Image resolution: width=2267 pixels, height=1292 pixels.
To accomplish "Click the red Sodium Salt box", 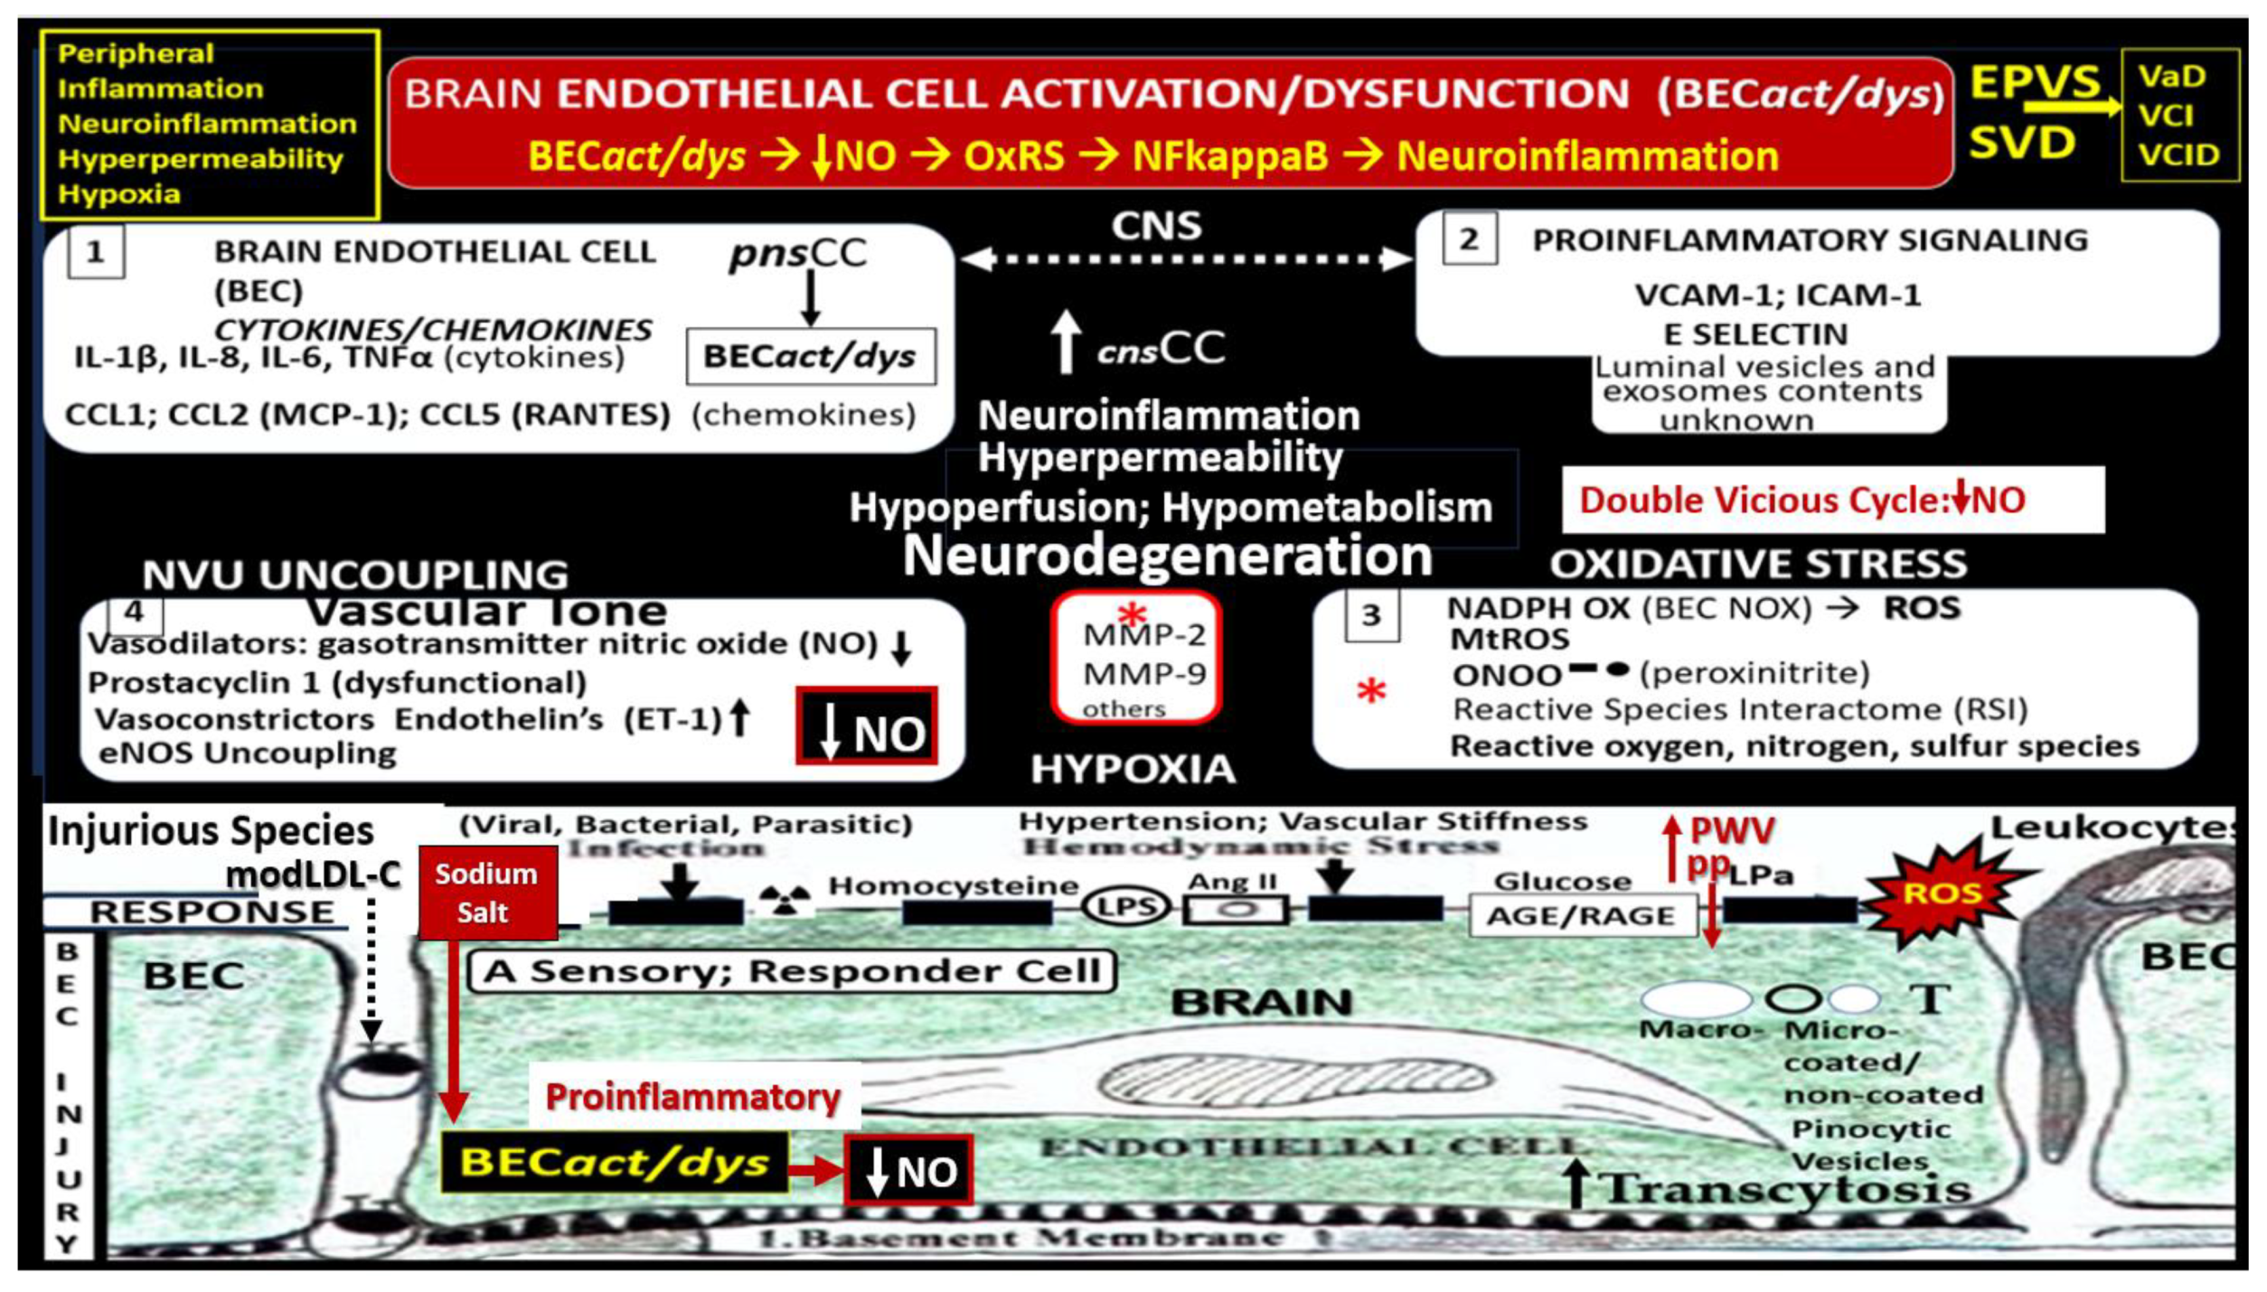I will [487, 893].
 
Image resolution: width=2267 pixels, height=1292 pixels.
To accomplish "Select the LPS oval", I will [1126, 906].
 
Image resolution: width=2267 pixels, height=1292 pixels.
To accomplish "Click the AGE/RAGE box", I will [1581, 915].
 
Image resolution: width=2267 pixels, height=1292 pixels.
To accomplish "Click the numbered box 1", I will [95, 252].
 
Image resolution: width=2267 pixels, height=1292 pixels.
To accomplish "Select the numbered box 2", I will [1469, 239].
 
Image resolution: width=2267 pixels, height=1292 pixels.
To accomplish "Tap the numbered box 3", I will [1371, 615].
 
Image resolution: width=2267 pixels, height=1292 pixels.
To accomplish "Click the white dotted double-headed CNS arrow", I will [1186, 259].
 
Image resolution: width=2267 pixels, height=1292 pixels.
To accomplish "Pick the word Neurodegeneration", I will [1167, 555].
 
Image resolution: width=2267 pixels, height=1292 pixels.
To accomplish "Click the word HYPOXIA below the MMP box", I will [1133, 770].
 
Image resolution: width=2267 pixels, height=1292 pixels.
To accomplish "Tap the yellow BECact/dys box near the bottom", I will [614, 1162].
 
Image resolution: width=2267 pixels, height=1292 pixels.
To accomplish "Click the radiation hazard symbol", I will [785, 900].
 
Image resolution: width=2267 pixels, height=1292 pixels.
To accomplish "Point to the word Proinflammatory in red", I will [693, 1097].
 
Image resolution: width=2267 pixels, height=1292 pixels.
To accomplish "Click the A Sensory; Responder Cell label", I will [793, 971].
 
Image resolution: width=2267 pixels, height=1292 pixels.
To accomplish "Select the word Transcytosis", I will [1787, 1187].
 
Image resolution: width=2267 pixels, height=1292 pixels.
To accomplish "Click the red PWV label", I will [1732, 829].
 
